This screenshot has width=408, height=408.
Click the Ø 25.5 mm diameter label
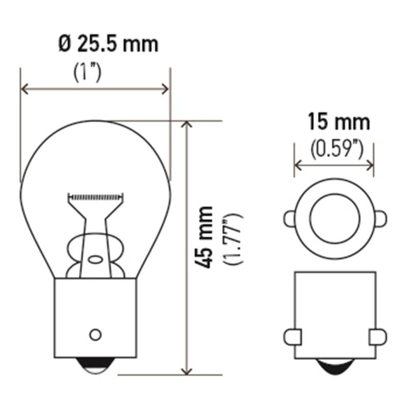108,44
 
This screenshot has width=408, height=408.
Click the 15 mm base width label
338,122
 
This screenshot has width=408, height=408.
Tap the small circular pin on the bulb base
94,335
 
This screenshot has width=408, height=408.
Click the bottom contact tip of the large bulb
95,366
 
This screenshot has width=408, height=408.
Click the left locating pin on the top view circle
289,219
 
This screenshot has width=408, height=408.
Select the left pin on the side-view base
289,337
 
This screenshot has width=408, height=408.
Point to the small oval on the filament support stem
95,259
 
